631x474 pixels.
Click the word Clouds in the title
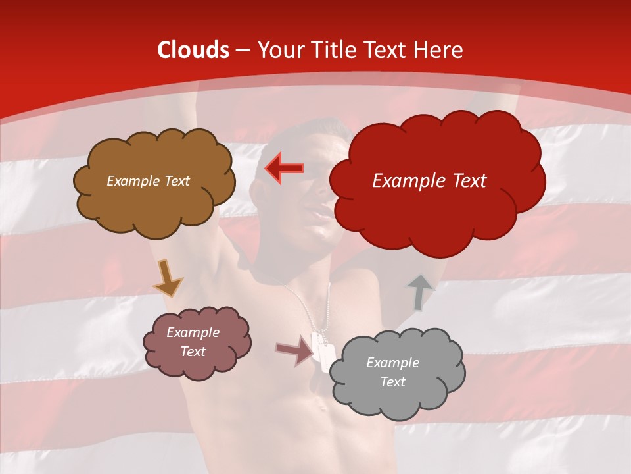tap(193, 50)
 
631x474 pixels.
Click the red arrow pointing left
tap(284, 168)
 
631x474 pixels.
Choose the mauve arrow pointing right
tap(295, 350)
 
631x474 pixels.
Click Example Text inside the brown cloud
tap(148, 181)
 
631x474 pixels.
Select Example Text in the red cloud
tap(429, 181)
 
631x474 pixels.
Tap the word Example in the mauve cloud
tap(193, 332)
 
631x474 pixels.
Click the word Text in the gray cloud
tap(392, 382)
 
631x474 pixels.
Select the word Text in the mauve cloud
tap(193, 352)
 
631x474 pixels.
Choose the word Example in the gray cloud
tap(392, 363)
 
